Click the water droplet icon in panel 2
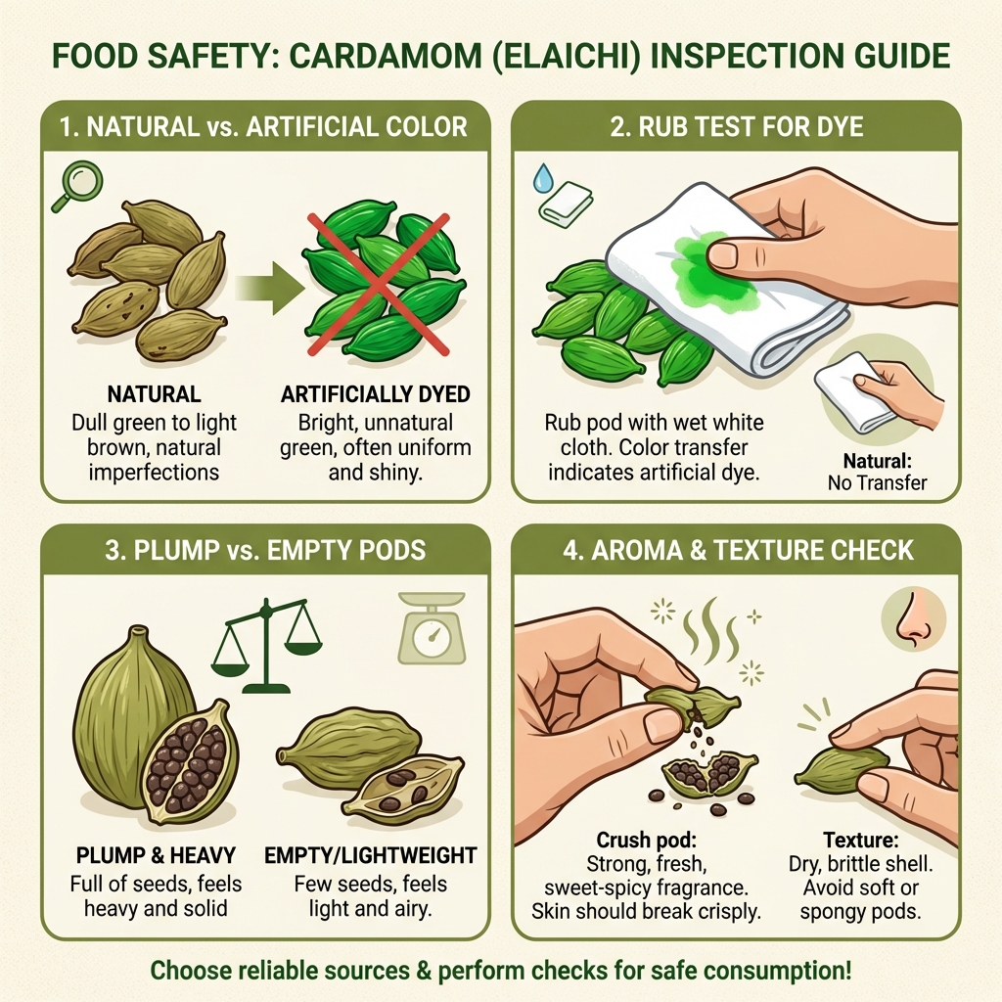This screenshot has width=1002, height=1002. [542, 177]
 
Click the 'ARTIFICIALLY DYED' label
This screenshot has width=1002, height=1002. [375, 395]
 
